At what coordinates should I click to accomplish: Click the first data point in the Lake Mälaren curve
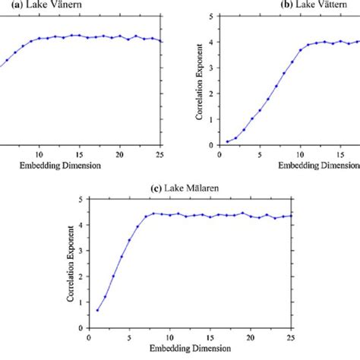coord(96,310)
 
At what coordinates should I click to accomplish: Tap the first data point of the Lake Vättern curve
coord(227,141)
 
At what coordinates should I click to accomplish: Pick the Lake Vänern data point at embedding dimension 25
coord(161,42)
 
